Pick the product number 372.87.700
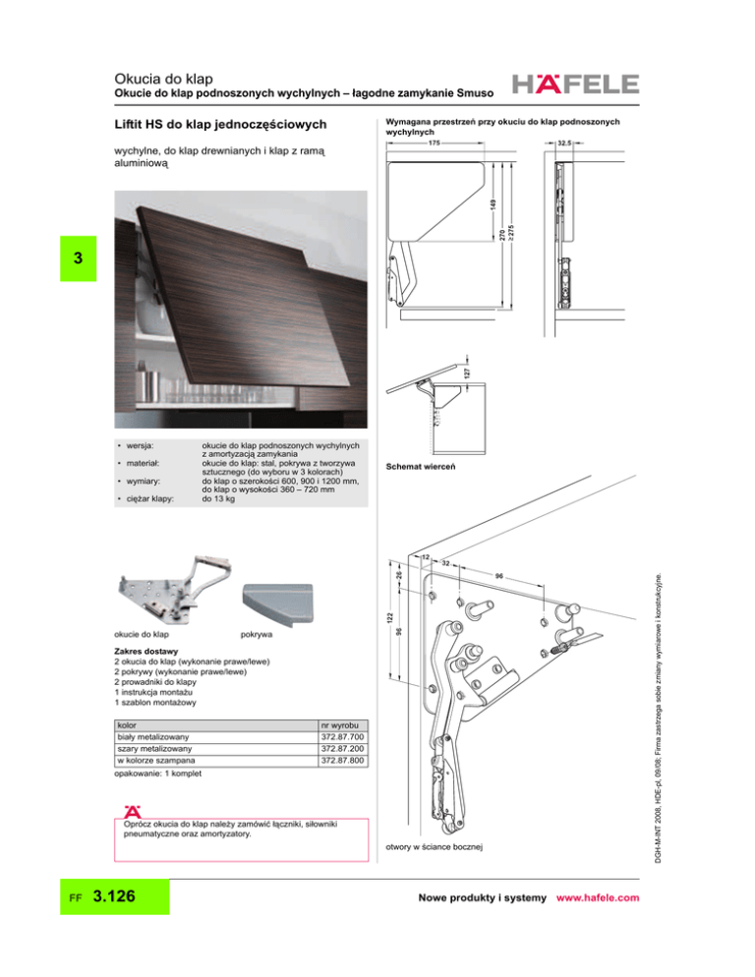342,735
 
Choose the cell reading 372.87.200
342,748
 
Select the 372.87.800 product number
342,761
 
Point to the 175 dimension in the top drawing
434,144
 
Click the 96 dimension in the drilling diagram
499,573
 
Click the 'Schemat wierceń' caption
420,466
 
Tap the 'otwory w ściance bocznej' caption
436,845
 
